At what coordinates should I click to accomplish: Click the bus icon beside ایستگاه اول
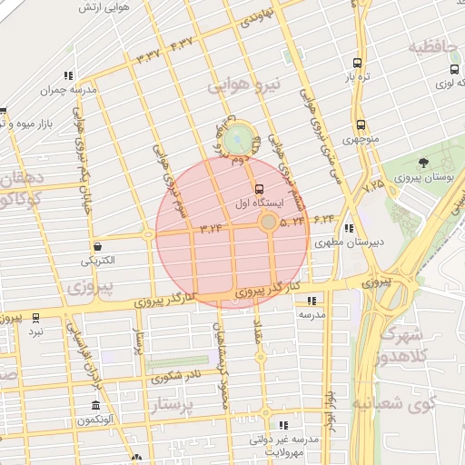click(261, 190)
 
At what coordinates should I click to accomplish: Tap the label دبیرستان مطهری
click(345, 243)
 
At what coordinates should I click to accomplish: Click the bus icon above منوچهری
click(361, 124)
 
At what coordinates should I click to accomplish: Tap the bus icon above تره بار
click(355, 64)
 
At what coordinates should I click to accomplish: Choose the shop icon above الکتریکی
click(97, 246)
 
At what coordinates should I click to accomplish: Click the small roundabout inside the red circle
click(268, 222)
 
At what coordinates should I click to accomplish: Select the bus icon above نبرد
click(35, 317)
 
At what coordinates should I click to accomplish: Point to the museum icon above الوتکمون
click(95, 405)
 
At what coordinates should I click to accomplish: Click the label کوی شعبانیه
click(406, 401)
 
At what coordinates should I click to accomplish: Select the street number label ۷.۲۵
click(373, 185)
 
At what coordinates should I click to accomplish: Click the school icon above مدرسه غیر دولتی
click(284, 425)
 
